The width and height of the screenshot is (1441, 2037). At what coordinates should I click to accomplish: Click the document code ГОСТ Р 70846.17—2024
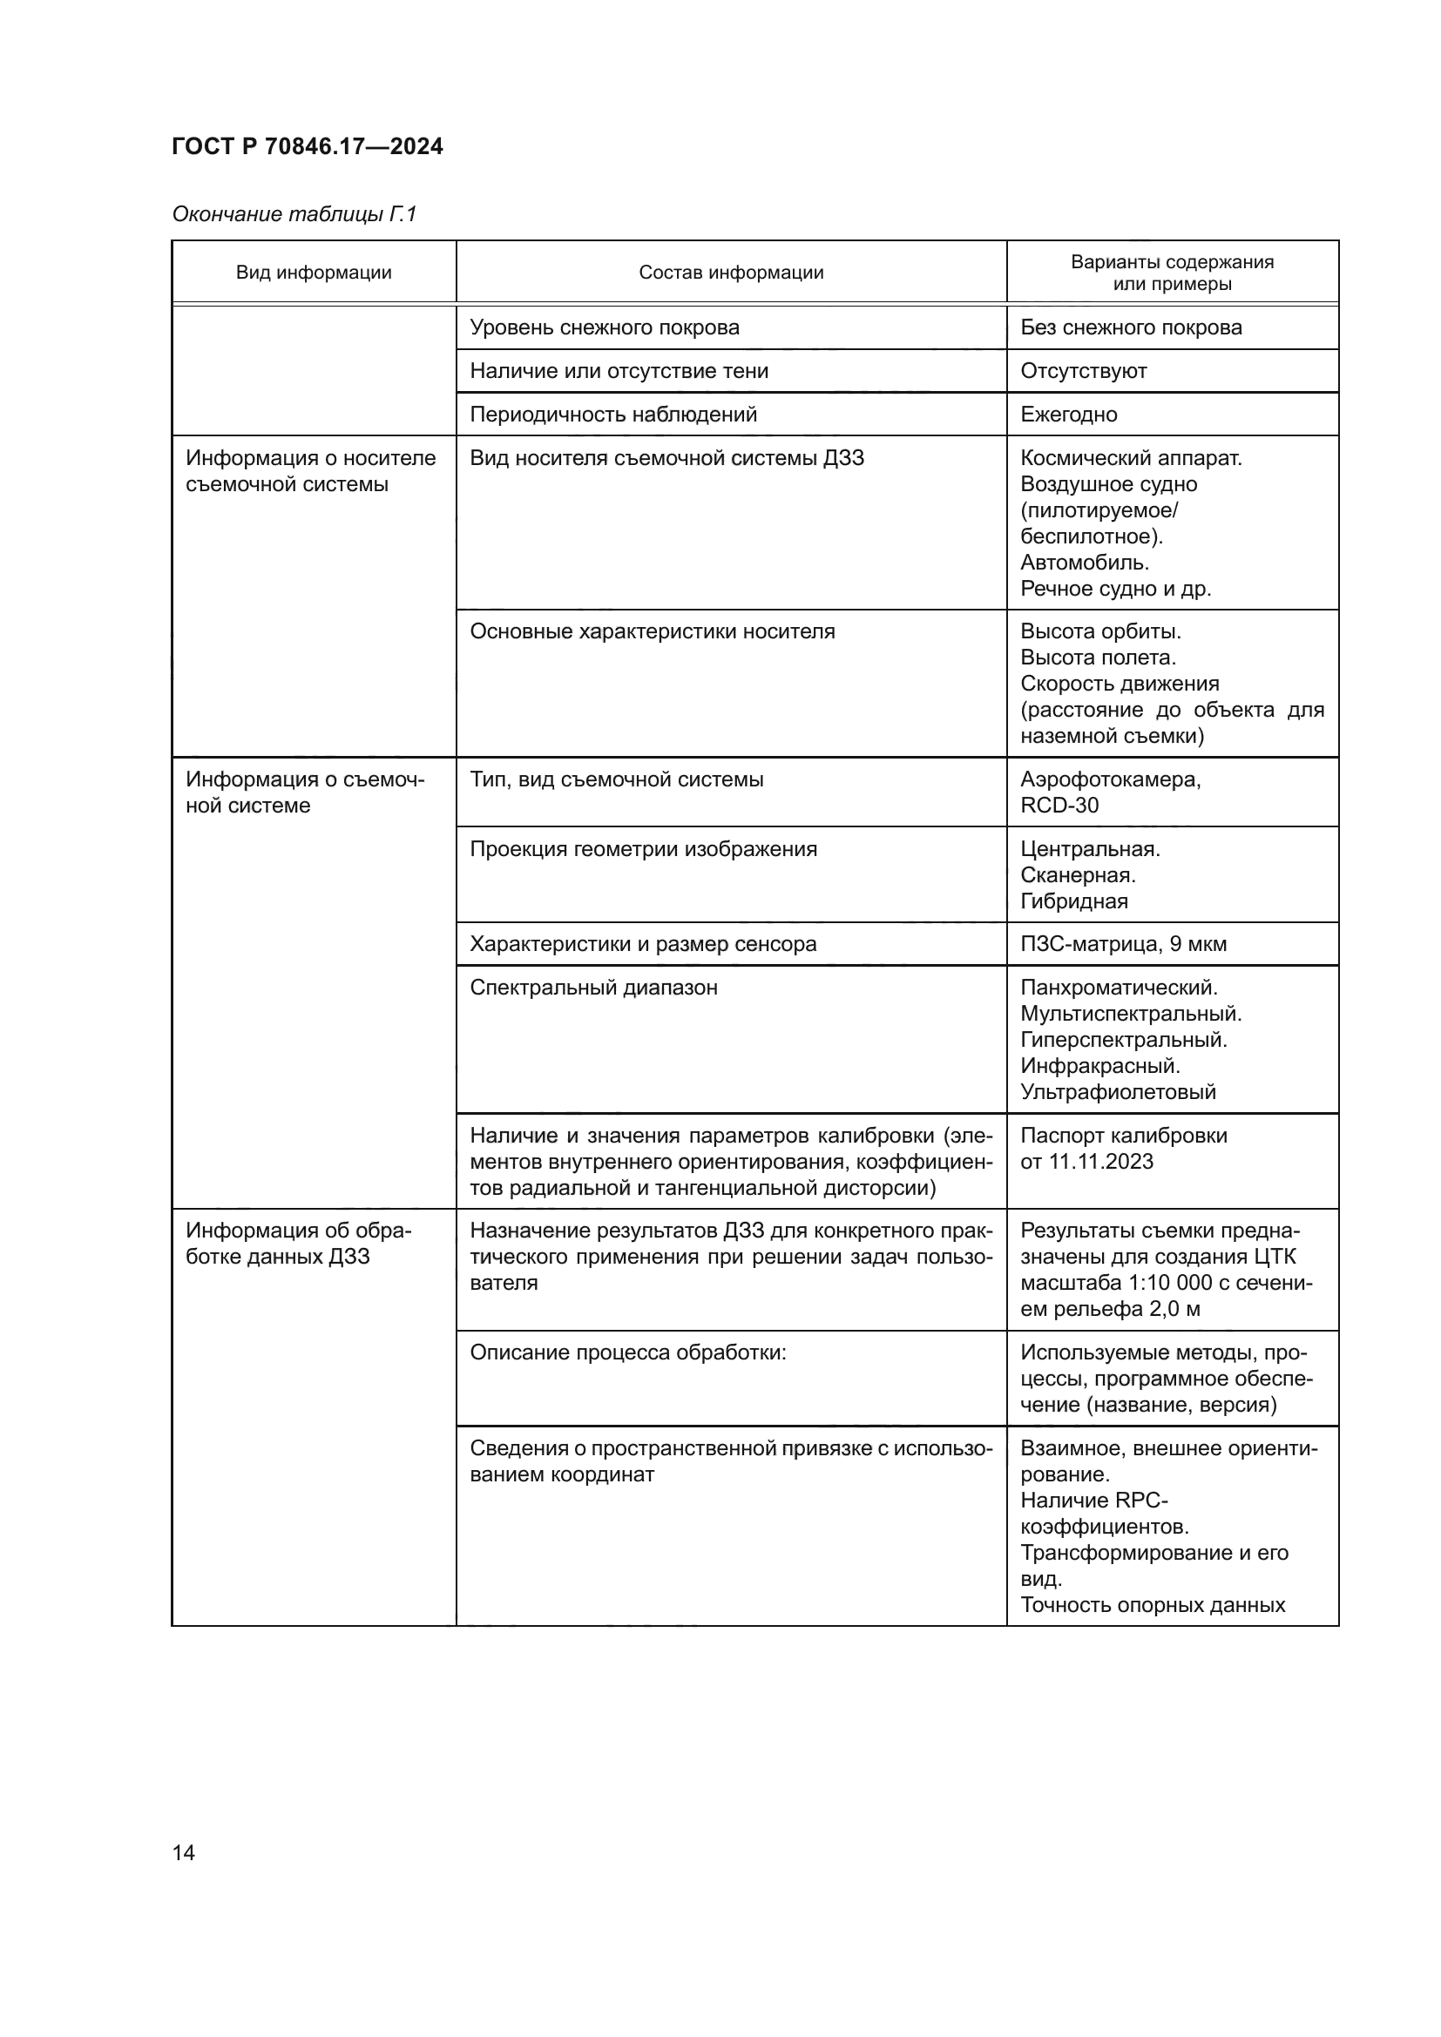tap(307, 146)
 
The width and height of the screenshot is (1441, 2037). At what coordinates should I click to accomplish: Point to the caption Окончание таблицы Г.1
tap(294, 214)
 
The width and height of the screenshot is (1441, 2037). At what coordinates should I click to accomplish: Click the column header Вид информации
tap(314, 273)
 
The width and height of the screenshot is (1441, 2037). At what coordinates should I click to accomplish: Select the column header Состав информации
tap(731, 273)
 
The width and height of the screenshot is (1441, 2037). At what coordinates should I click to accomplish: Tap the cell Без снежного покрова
tap(1131, 327)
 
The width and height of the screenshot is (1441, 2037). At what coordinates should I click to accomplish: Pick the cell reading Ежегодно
tap(1068, 415)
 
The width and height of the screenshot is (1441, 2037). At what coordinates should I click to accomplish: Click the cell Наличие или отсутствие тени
tap(619, 371)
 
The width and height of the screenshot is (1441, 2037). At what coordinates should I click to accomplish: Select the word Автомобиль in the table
tap(1085, 563)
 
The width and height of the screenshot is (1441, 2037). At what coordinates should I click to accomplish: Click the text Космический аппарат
tap(1131, 458)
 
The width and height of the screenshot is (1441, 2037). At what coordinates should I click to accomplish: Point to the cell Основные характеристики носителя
tap(653, 631)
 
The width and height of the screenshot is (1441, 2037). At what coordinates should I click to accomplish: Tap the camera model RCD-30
tap(1059, 806)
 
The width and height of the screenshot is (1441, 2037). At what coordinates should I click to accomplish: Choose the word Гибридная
tap(1073, 901)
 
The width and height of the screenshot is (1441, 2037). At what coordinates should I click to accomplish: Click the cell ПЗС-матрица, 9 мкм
tap(1123, 944)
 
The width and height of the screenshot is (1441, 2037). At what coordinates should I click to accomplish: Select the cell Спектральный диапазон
tap(593, 988)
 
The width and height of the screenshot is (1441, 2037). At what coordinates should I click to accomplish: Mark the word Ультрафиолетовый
tap(1118, 1092)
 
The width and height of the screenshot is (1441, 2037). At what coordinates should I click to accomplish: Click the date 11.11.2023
tap(1101, 1163)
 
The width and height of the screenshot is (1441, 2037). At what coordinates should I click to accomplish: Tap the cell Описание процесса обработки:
tap(628, 1353)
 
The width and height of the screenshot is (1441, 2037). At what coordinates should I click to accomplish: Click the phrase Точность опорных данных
tap(1153, 1605)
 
